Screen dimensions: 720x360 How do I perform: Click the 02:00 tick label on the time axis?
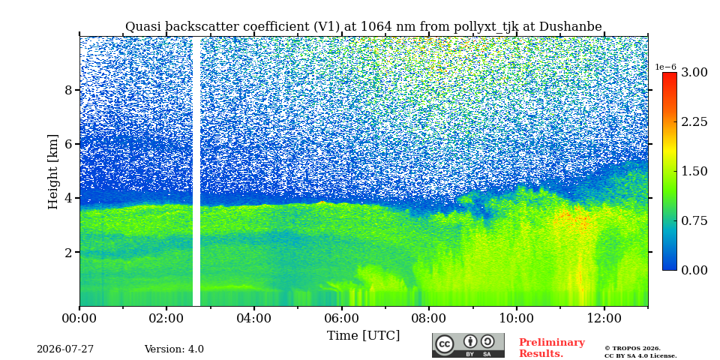pyautogui.click(x=166, y=318)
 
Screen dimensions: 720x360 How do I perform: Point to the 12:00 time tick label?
pyautogui.click(x=604, y=318)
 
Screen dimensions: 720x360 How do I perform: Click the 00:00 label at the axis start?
pyautogui.click(x=79, y=318)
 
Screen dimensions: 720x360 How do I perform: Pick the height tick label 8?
pyautogui.click(x=68, y=90)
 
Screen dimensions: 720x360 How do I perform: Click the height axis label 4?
pyautogui.click(x=68, y=198)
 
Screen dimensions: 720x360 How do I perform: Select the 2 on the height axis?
pyautogui.click(x=68, y=253)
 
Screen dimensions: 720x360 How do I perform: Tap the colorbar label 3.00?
pyautogui.click(x=694, y=73)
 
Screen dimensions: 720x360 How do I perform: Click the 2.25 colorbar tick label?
pyautogui.click(x=694, y=122)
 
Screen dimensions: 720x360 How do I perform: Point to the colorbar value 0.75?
pyautogui.click(x=694, y=220)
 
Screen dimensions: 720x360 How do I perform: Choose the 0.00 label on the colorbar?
pyautogui.click(x=694, y=271)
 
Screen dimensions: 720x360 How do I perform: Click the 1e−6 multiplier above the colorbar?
pyautogui.click(x=665, y=67)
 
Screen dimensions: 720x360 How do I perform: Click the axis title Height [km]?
pyautogui.click(x=54, y=172)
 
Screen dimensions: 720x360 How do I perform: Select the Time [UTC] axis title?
pyautogui.click(x=363, y=336)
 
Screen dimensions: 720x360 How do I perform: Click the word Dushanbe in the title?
pyautogui.click(x=570, y=27)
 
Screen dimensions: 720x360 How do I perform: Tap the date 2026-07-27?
pyautogui.click(x=65, y=349)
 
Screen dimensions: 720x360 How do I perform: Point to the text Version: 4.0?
pyautogui.click(x=174, y=349)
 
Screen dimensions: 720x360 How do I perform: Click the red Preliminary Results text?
pyautogui.click(x=552, y=348)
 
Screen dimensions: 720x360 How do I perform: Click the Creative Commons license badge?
pyautogui.click(x=468, y=345)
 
